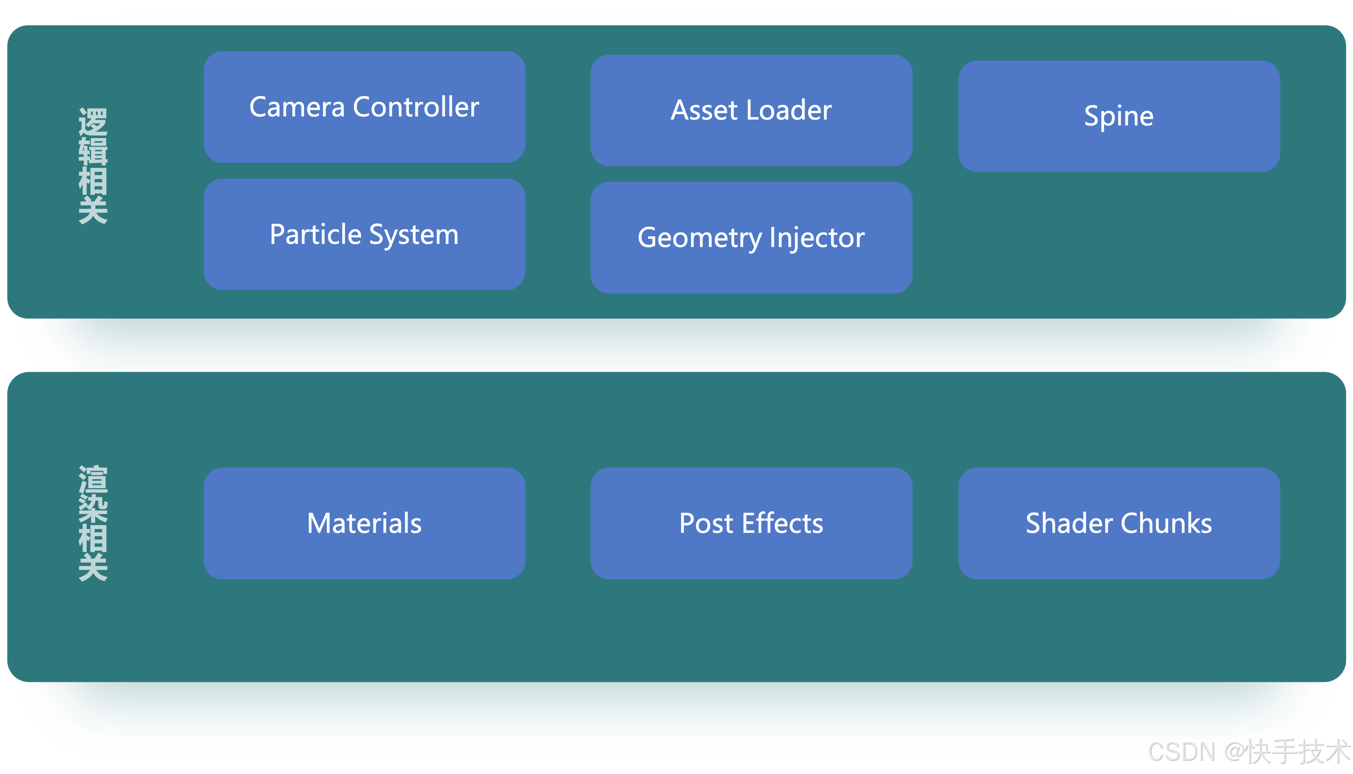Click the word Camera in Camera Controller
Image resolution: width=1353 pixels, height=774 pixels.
tap(297, 107)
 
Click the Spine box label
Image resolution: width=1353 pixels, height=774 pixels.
tap(1118, 116)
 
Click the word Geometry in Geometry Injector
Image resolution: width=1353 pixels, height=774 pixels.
tap(699, 238)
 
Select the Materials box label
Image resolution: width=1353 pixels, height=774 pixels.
tap(364, 523)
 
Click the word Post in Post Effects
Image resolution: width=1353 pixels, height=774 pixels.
tap(706, 523)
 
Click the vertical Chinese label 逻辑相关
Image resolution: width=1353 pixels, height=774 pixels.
tap(93, 166)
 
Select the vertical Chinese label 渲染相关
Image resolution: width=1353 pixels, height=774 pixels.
tap(93, 523)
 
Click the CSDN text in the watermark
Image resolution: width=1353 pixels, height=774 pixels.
tap(1181, 752)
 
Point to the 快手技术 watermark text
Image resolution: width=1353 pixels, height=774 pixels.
tap(1298, 752)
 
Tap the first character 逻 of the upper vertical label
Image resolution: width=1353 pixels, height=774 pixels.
tap(93, 121)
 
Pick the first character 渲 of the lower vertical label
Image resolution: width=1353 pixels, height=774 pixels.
tap(93, 479)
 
